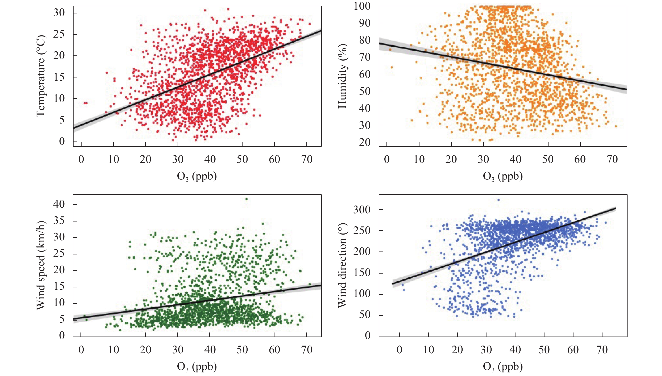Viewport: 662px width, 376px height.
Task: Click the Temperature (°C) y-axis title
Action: (x=41, y=76)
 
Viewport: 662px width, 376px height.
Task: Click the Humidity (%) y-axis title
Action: (x=343, y=76)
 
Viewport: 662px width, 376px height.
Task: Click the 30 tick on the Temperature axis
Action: (x=59, y=12)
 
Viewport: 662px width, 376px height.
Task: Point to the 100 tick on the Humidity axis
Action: (x=362, y=6)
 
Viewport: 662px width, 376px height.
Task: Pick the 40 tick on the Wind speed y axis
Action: (x=59, y=204)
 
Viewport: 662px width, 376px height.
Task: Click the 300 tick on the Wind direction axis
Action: (x=362, y=210)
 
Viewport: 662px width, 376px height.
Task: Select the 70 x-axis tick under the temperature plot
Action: (x=307, y=159)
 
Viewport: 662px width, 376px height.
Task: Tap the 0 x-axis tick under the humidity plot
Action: (x=387, y=159)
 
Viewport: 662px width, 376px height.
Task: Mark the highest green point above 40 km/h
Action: (x=246, y=199)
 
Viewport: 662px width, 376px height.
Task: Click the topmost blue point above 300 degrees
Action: (x=498, y=200)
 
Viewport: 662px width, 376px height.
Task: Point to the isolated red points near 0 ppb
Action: (x=86, y=103)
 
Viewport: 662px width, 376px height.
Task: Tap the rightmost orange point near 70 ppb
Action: (x=616, y=126)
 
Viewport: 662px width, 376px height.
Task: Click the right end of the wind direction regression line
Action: (x=616, y=208)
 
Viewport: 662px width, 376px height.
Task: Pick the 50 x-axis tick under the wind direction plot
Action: (x=544, y=350)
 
